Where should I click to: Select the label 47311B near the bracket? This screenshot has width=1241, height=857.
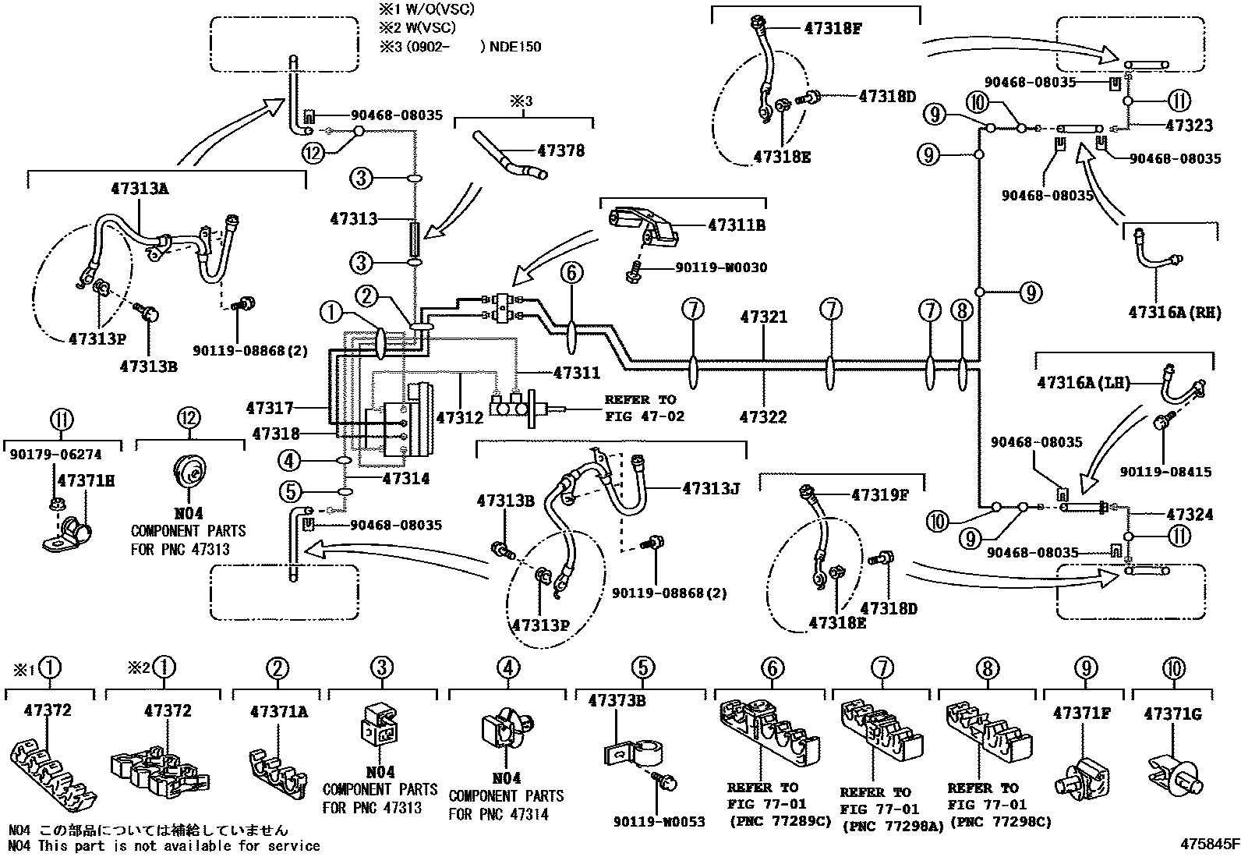[x=736, y=225]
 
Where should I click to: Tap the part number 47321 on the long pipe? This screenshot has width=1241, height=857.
[x=763, y=317]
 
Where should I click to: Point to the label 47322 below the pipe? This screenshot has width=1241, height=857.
[x=762, y=416]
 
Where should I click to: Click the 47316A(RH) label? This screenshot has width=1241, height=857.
[x=1173, y=312]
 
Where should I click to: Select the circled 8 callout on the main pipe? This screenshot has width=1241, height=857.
[x=962, y=311]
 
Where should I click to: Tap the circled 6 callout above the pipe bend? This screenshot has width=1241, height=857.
[x=571, y=272]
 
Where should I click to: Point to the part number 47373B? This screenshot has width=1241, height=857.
[x=617, y=700]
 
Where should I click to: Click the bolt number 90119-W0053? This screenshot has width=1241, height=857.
[x=659, y=821]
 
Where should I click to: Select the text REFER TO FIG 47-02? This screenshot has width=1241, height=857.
[x=644, y=408]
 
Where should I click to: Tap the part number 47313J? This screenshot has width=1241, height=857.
[x=710, y=488]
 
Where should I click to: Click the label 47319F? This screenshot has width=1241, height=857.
[x=880, y=494]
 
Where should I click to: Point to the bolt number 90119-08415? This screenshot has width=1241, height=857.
[x=1166, y=472]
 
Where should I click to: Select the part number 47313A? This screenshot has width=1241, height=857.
[x=140, y=189]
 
